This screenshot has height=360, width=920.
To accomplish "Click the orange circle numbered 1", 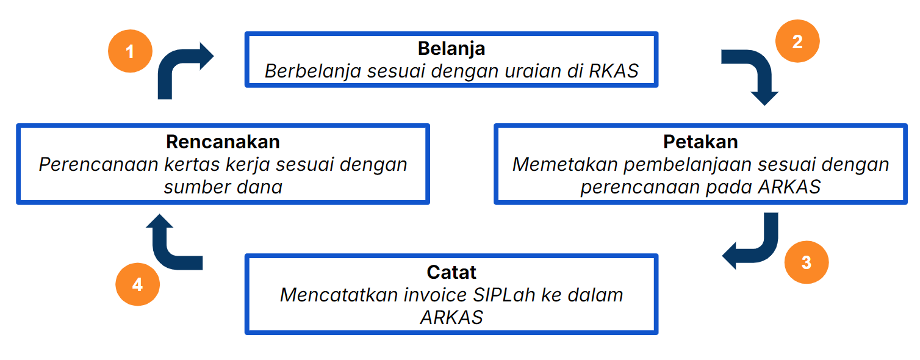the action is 130,51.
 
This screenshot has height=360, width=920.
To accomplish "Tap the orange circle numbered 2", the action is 797,42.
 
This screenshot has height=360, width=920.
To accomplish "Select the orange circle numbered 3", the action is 806,262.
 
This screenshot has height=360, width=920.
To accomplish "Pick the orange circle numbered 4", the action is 137,284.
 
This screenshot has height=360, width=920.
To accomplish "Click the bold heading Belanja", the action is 451,48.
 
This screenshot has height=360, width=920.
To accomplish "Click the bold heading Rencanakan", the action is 223,142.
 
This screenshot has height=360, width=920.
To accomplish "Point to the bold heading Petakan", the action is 700,142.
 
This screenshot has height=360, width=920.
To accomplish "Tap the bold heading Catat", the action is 451,272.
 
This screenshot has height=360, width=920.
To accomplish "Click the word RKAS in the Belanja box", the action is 614,71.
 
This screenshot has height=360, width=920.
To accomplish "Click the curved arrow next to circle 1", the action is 179,70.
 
